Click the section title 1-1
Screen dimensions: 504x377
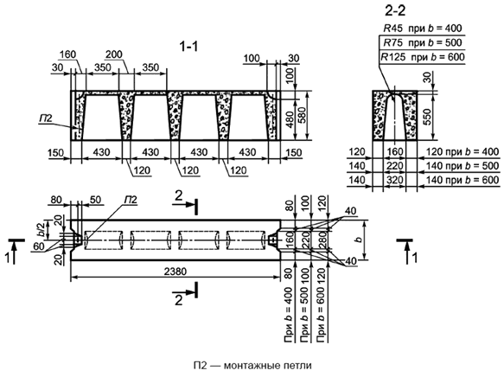click(188, 47)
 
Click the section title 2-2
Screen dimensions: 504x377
click(395, 11)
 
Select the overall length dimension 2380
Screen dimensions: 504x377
click(175, 272)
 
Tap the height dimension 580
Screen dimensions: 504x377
click(303, 116)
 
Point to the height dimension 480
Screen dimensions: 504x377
click(290, 119)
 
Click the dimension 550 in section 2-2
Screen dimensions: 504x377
click(428, 118)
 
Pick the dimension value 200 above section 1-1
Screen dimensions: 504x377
click(114, 54)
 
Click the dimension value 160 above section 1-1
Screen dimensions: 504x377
click(67, 54)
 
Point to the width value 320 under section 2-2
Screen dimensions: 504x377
click(395, 180)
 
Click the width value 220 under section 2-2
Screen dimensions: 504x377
click(395, 166)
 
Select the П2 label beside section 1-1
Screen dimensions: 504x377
click(46, 118)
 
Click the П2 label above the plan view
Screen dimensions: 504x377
click(131, 200)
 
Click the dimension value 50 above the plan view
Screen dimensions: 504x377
click(95, 200)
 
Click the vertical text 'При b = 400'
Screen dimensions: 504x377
click(289, 316)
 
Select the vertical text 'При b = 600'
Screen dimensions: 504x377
click(322, 316)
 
